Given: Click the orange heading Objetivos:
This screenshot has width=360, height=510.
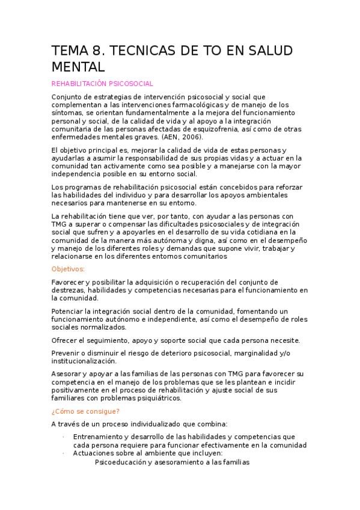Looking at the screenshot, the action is click(x=68, y=269).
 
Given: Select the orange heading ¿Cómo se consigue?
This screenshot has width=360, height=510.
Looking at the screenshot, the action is click(x=85, y=411).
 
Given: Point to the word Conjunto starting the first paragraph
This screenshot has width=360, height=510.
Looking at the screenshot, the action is click(x=67, y=97).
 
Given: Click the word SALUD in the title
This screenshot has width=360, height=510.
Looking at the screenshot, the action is click(x=262, y=51).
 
